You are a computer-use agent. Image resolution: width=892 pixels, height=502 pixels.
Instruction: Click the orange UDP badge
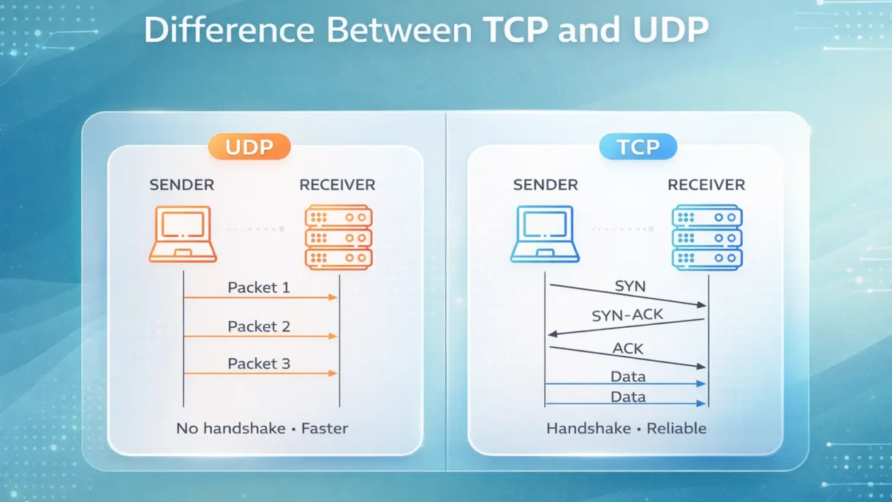click(x=249, y=147)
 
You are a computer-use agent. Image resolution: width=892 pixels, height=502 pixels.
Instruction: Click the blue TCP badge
click(x=638, y=147)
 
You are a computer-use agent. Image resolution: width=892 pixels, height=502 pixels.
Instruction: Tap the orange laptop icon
click(x=183, y=233)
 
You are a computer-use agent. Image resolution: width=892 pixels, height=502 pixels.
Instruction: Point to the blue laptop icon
click(x=544, y=233)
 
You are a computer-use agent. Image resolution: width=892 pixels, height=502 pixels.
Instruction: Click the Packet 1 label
click(x=259, y=288)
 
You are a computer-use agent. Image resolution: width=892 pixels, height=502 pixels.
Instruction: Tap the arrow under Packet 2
click(x=260, y=336)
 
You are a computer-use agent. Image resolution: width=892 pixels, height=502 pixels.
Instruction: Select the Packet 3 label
click(x=259, y=364)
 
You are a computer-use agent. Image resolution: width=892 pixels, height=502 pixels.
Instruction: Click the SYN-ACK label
click(x=627, y=316)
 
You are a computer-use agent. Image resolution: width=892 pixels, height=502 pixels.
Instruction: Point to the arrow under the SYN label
click(x=627, y=295)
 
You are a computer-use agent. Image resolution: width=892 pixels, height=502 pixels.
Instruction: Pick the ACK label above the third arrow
click(x=627, y=348)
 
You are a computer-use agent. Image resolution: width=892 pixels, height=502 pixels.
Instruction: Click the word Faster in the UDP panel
click(x=324, y=428)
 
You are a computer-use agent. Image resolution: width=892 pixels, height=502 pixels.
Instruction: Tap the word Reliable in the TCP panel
click(x=676, y=428)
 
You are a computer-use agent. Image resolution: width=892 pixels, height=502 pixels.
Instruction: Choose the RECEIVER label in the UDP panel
click(x=337, y=185)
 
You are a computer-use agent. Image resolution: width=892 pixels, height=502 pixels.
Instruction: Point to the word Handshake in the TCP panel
click(x=588, y=428)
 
